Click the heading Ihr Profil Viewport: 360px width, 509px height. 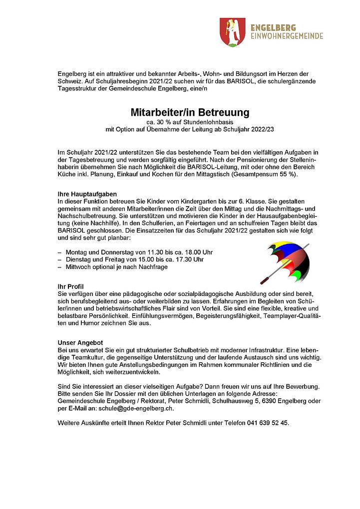(71, 286)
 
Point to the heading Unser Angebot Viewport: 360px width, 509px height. (80, 343)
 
